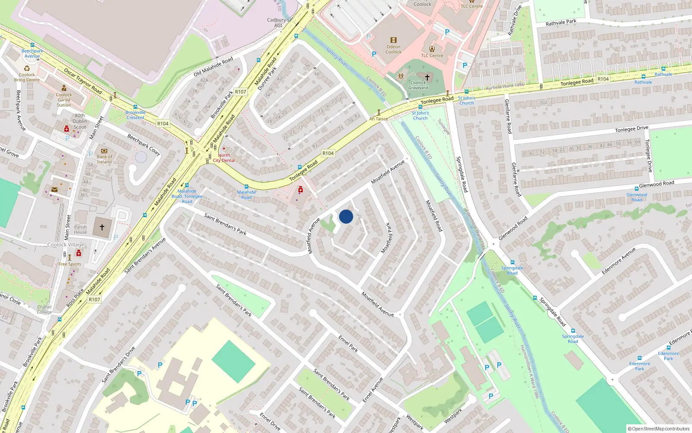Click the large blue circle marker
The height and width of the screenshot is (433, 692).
[346, 216]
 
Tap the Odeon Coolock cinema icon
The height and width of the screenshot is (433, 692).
[393, 40]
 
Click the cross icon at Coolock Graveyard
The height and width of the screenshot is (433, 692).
[427, 77]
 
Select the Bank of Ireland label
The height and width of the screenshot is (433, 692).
[104, 159]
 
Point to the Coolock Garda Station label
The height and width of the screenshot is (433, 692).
[64, 100]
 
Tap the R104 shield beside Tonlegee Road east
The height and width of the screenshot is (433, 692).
[603, 79]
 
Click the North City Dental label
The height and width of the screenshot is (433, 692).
[224, 158]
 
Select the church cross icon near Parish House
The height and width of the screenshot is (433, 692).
[102, 227]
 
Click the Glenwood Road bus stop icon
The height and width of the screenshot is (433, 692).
[636, 188]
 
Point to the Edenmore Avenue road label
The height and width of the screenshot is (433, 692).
[618, 261]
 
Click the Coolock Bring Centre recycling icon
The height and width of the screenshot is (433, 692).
[27, 68]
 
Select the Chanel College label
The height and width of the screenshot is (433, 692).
[44, 309]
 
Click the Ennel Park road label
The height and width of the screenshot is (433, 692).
[348, 343]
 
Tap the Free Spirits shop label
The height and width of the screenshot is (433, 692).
[70, 264]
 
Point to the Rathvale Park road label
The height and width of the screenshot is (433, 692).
[561, 22]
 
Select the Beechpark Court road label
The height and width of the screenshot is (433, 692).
[144, 145]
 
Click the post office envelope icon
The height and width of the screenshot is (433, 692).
[54, 190]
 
